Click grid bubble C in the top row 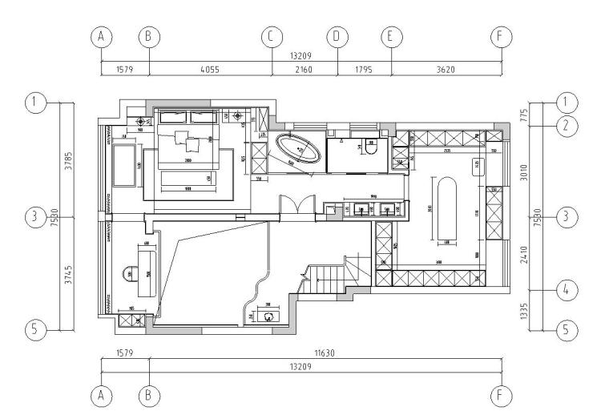click(271, 36)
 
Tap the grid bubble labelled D click(337, 36)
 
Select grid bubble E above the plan click(391, 36)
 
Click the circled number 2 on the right click(566, 124)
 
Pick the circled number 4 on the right click(566, 290)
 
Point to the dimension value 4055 click(210, 69)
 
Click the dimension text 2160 click(304, 69)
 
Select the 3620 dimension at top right click(446, 69)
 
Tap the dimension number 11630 click(325, 352)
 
